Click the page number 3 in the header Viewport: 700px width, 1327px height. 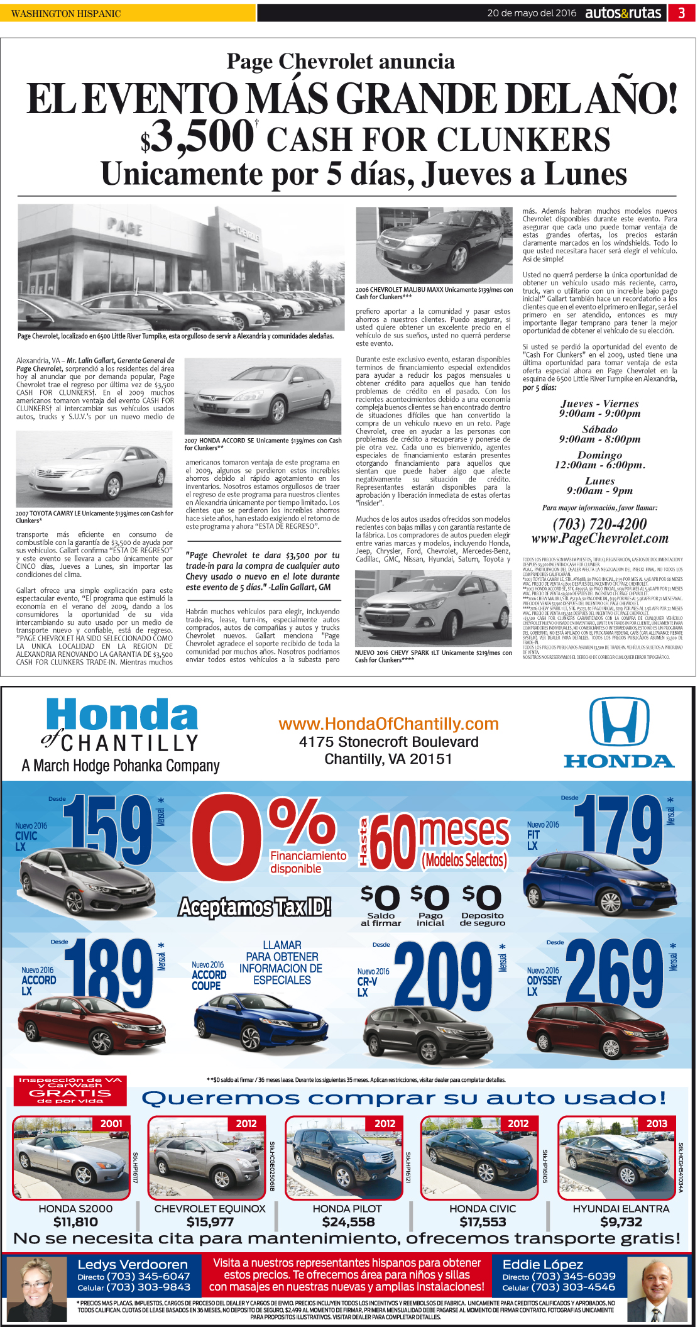point(681,13)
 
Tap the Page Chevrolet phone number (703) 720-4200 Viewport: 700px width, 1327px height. point(599,524)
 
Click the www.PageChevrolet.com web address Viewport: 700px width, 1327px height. point(599,539)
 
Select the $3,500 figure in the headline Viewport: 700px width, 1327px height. point(198,138)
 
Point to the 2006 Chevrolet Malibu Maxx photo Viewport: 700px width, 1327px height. point(434,246)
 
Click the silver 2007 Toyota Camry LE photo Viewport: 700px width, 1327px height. point(94,469)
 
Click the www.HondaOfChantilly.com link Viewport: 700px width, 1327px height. point(388,724)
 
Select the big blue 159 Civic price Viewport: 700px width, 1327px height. point(107,830)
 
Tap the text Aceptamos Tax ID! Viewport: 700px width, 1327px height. point(254,907)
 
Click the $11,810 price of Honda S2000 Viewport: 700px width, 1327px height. point(75,1222)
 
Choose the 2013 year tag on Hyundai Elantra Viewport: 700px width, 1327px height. point(657,1123)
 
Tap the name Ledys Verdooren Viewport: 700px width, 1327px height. point(133,1264)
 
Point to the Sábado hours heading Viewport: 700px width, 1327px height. point(599,429)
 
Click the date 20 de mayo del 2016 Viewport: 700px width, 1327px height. point(532,13)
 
